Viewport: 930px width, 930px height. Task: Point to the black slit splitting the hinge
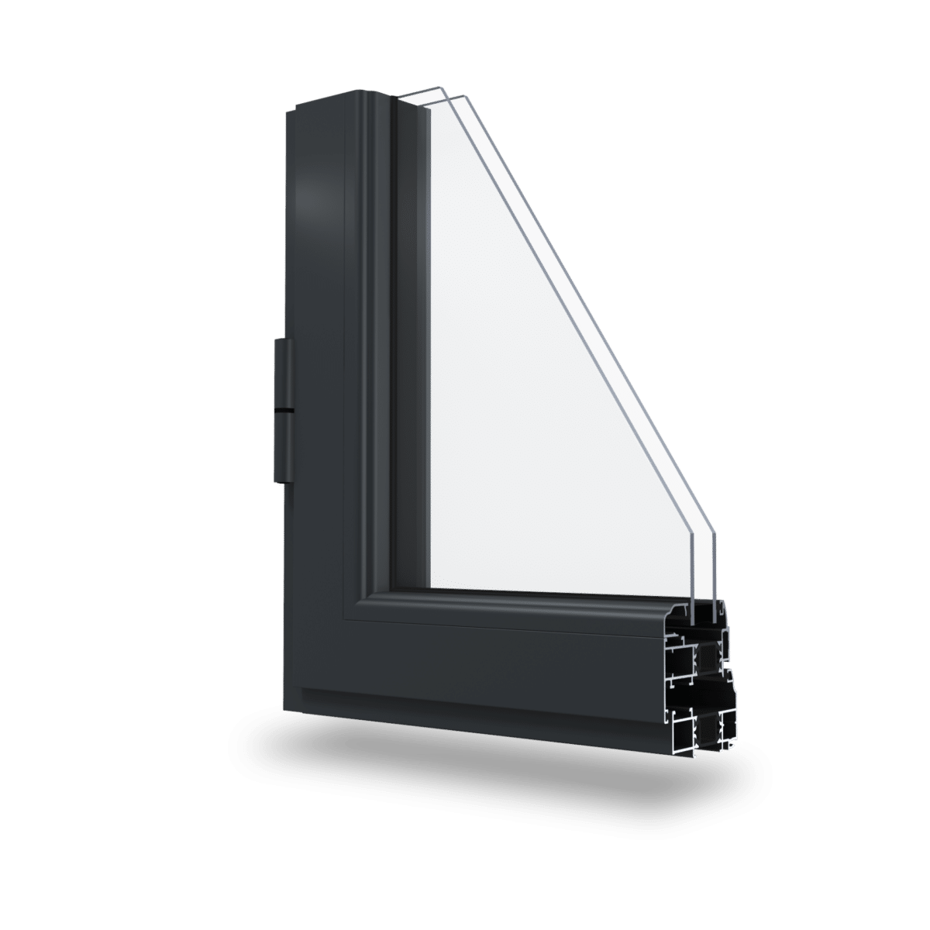click(x=284, y=408)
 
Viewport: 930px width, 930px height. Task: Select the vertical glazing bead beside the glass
click(x=411, y=349)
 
